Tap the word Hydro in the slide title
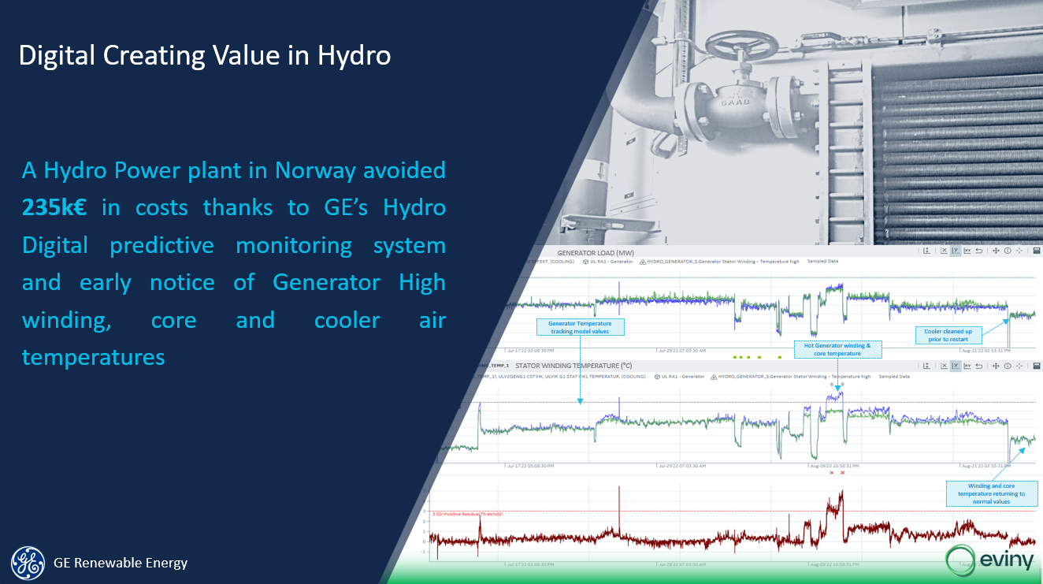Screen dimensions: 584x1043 (354, 56)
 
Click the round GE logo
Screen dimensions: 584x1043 (28, 562)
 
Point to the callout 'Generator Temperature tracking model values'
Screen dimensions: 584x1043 (580, 327)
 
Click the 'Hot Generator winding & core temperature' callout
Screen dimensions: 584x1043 (837, 349)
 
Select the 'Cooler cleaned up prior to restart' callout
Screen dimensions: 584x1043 (948, 335)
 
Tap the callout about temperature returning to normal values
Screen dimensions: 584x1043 (992, 494)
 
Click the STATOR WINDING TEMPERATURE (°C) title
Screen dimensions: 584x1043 (573, 366)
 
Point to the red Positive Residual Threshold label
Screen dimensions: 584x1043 (467, 514)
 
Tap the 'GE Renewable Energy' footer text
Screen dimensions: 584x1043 (121, 563)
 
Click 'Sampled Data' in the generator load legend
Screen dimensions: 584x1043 (822, 262)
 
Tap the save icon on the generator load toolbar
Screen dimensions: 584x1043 (1037, 251)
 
